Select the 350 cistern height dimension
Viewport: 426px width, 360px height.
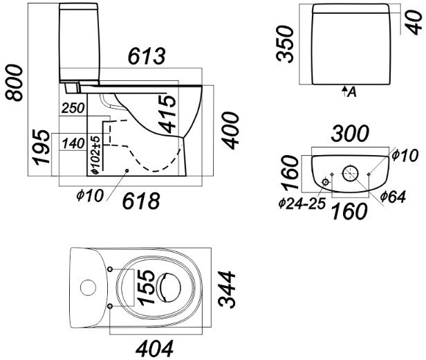click(285, 44)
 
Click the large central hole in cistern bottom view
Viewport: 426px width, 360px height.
click(351, 171)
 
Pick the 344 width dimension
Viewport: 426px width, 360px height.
click(228, 291)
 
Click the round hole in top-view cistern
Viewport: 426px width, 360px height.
click(87, 286)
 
